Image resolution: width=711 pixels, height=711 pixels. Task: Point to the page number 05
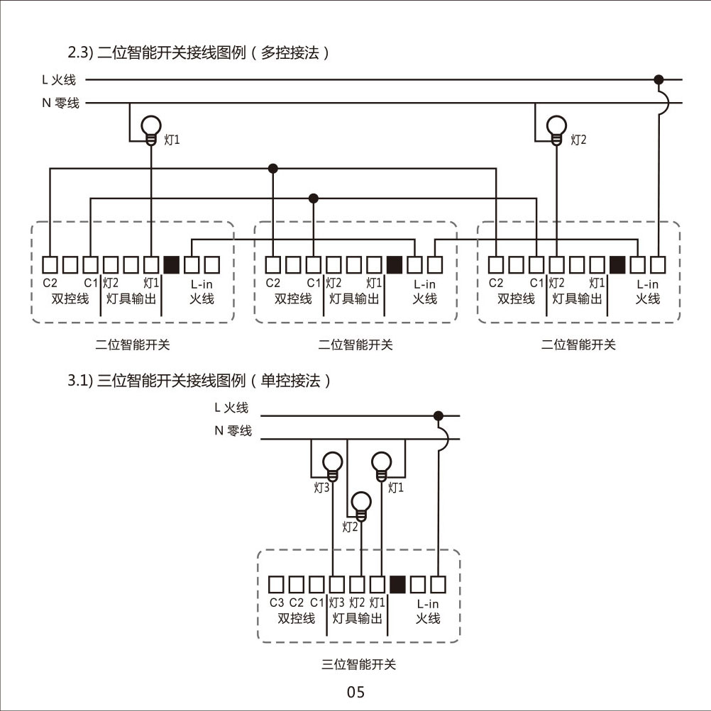coord(355,692)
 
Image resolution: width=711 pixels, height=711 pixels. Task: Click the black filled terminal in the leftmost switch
coord(171,264)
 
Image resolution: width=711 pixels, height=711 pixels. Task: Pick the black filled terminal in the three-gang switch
coord(397,584)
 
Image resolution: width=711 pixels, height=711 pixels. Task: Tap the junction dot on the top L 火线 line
coord(658,79)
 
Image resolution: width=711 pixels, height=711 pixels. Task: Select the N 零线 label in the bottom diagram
coord(233,431)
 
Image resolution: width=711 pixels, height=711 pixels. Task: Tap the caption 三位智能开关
coord(359,665)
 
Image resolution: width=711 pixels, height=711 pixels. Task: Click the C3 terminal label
coord(277,603)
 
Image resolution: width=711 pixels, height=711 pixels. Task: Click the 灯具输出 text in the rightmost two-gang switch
coord(577,298)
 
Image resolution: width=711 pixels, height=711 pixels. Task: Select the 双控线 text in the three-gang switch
coord(296,618)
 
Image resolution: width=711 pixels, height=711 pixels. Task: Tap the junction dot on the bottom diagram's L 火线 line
coord(439,415)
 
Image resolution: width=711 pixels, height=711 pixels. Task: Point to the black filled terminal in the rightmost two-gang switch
coord(617,264)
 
